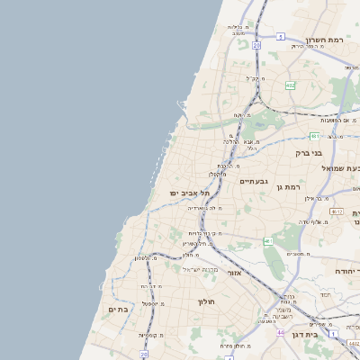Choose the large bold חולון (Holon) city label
point(208,301)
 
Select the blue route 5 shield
point(281,36)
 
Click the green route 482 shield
point(291,85)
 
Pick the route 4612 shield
point(337,211)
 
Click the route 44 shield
point(282,332)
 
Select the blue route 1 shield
point(332,334)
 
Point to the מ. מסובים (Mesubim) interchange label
point(298,255)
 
